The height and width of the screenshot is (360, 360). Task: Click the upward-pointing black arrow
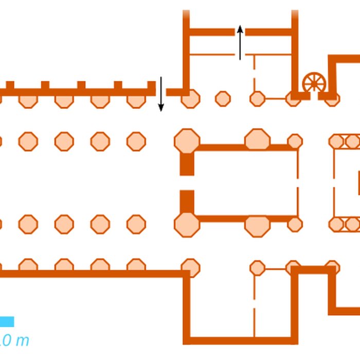pyautogui.click(x=240, y=43)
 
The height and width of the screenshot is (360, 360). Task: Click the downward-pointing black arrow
pyautogui.click(x=160, y=94)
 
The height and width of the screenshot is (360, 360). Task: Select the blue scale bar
pyautogui.click(x=7, y=321)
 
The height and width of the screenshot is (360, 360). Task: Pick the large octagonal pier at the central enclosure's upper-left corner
pyautogui.click(x=187, y=141)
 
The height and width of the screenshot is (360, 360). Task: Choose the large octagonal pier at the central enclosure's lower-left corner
pyautogui.click(x=187, y=225)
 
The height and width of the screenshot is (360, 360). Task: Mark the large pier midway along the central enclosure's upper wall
pyautogui.click(x=257, y=140)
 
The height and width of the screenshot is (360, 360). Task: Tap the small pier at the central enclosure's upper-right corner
pyautogui.click(x=295, y=141)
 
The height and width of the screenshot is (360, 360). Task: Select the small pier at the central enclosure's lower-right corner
pyautogui.click(x=295, y=224)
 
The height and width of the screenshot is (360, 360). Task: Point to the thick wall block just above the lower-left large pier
pyautogui.click(x=187, y=201)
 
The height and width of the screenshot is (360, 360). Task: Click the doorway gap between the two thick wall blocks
pyautogui.click(x=187, y=183)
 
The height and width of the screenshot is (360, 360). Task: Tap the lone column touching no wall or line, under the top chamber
pyautogui.click(x=223, y=98)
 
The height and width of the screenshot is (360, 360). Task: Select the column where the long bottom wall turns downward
pyautogui.click(x=190, y=268)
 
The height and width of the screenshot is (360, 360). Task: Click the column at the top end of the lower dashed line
pyautogui.click(x=257, y=268)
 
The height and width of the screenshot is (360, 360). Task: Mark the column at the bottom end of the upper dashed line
pyautogui.click(x=257, y=98)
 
